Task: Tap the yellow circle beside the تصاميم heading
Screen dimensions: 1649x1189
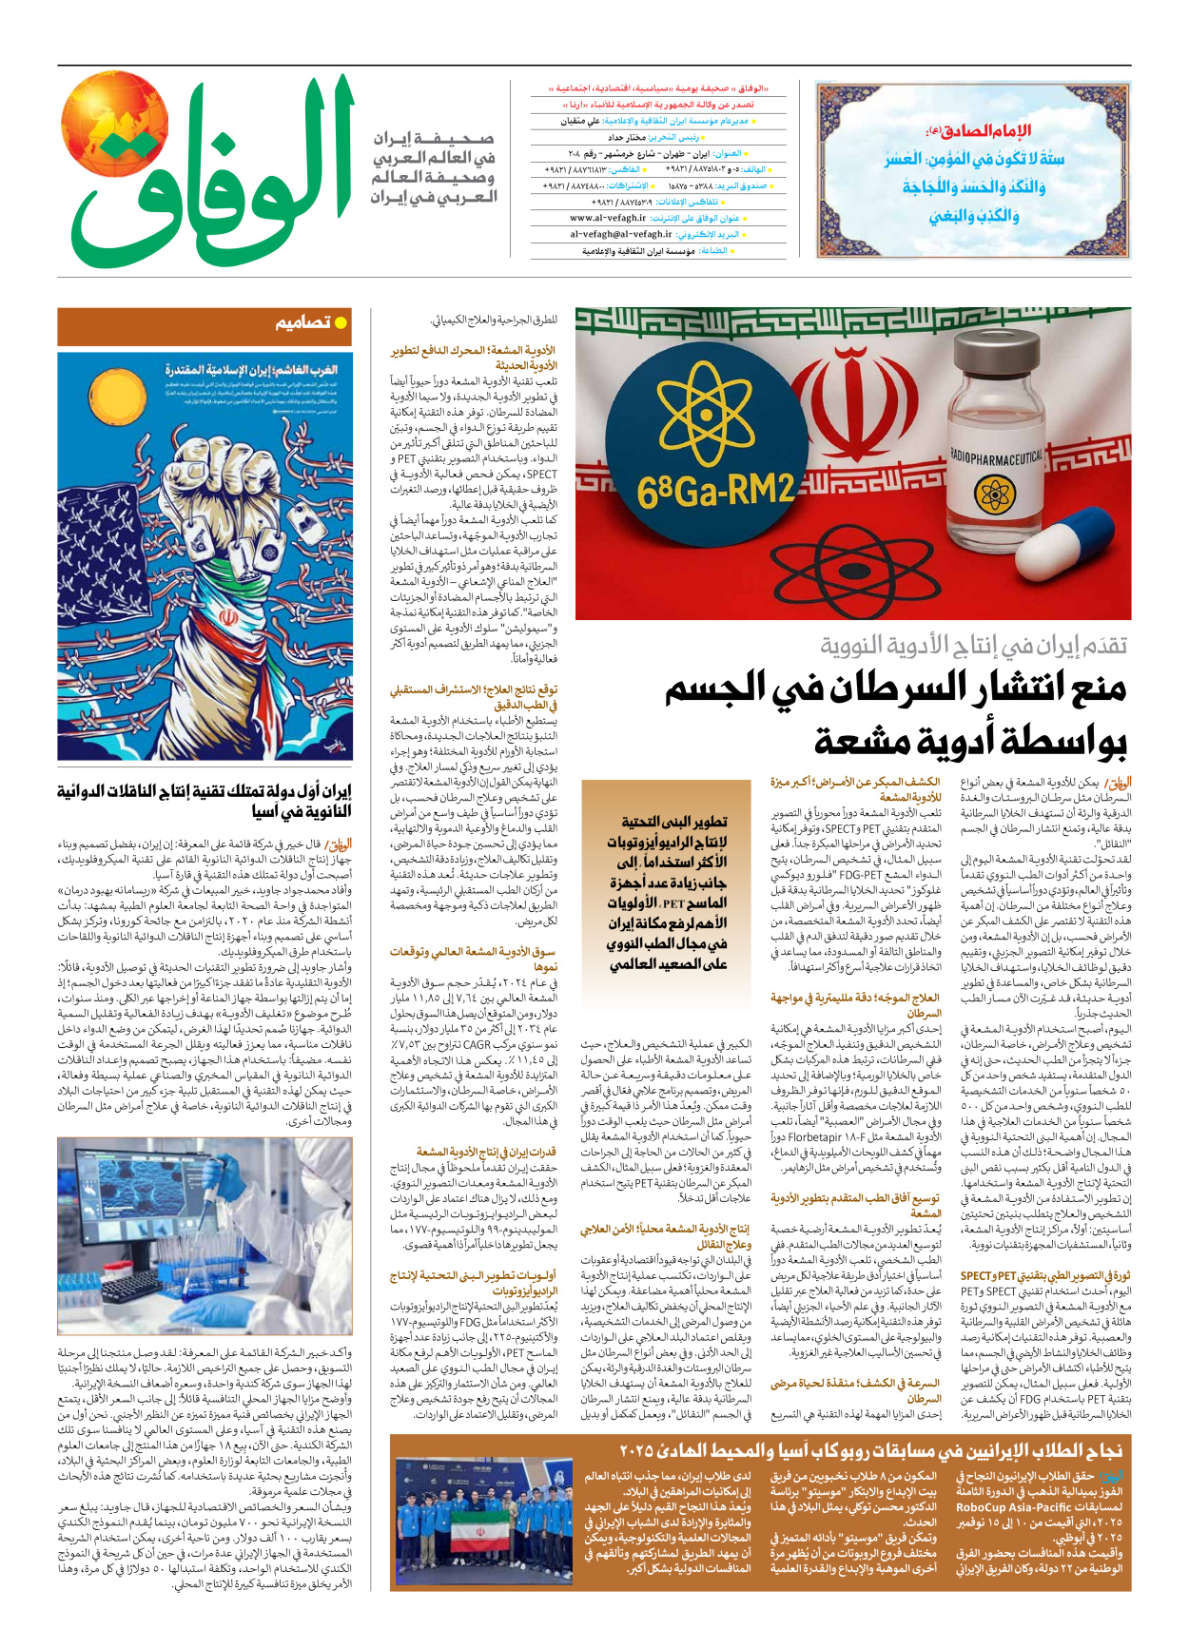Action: coord(341,323)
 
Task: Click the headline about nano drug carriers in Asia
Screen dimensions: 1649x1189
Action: coord(204,801)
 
